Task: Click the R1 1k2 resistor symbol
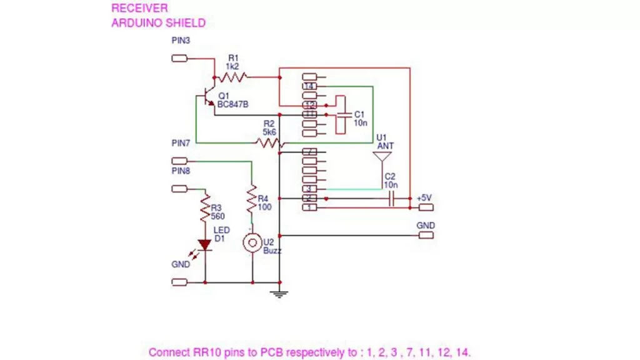pyautogui.click(x=234, y=77)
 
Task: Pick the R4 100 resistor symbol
pyautogui.click(x=252, y=202)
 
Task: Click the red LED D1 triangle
pyautogui.click(x=204, y=245)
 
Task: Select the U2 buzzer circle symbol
pyautogui.click(x=252, y=243)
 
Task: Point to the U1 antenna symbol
pyautogui.click(x=381, y=157)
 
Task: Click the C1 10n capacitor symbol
pyautogui.click(x=344, y=115)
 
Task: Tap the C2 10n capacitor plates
pyautogui.click(x=392, y=198)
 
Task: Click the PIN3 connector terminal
pyautogui.click(x=179, y=59)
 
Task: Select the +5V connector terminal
pyautogui.click(x=425, y=207)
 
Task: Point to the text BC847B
pyautogui.click(x=233, y=104)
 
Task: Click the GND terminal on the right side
pyautogui.click(x=425, y=236)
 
